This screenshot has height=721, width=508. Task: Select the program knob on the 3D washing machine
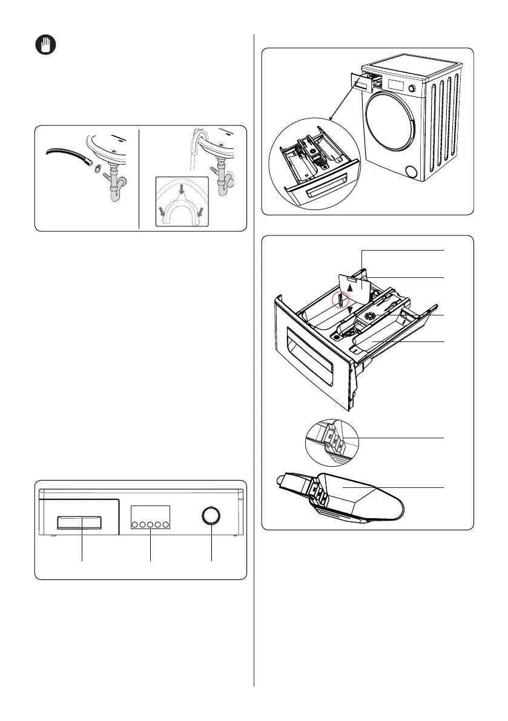[414, 88]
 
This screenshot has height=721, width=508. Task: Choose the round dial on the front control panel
[211, 516]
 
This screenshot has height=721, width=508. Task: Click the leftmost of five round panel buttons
[133, 524]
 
